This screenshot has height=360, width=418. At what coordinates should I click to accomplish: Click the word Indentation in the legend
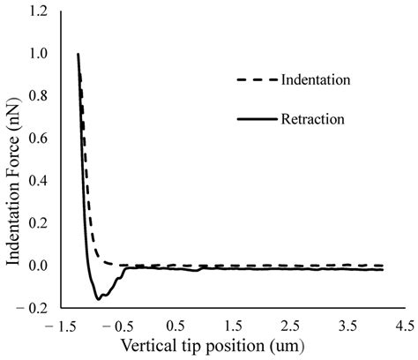click(317, 80)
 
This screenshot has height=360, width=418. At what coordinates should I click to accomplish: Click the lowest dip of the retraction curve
click(99, 298)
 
